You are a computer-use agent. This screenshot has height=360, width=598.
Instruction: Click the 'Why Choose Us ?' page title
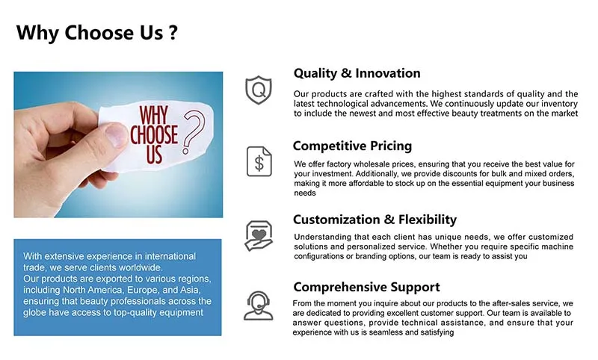coord(97,33)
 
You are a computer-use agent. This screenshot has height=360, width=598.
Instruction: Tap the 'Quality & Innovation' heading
coord(357,73)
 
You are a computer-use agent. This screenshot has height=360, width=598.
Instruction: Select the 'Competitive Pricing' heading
coord(352,146)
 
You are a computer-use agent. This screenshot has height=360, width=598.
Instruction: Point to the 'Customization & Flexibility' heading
coord(374,220)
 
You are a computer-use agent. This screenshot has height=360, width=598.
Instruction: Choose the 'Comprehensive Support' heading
coord(366,287)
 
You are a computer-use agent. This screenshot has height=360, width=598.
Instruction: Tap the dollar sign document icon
coord(259,161)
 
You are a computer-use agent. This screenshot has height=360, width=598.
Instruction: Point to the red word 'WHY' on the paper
coord(155,117)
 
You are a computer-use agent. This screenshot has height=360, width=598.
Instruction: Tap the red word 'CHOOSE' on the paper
coord(154,135)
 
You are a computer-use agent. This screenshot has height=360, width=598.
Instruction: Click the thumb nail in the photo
coord(111,135)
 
